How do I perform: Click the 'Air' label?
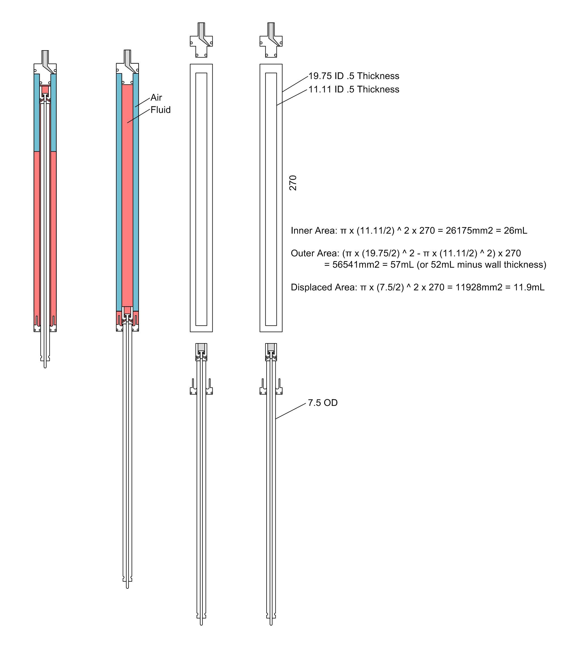click(156, 97)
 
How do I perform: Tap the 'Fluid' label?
click(161, 110)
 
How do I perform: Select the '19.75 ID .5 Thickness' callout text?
click(354, 76)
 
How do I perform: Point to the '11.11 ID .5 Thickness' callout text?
click(354, 89)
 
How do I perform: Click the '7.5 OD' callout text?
click(323, 403)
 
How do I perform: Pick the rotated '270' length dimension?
click(293, 183)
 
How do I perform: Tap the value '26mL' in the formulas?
click(516, 231)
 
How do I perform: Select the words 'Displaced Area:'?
click(324, 287)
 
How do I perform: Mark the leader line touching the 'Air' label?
click(142, 102)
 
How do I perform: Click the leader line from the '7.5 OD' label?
click(291, 411)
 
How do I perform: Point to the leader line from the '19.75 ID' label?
click(295, 84)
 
